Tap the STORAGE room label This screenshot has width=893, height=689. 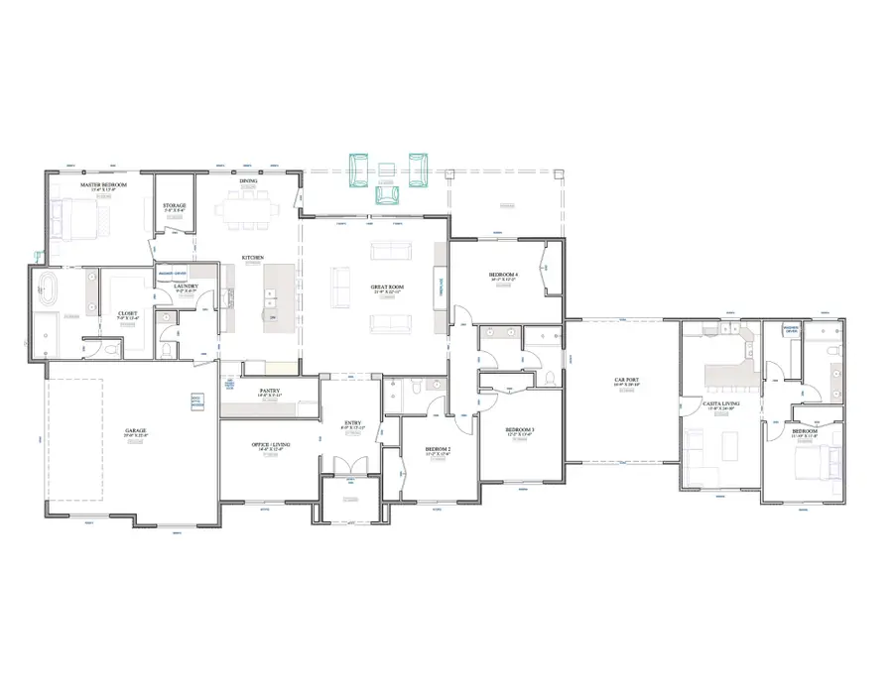coord(175,205)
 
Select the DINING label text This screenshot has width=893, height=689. coord(248,181)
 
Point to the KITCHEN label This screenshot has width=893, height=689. coord(253,259)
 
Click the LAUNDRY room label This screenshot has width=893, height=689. coord(187,287)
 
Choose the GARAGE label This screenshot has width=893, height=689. coord(135,430)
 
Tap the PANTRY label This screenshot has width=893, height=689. coord(269,391)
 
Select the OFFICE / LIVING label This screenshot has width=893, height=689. coord(270,445)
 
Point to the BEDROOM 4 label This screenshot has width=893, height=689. coord(504,274)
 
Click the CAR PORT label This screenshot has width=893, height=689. coord(624,380)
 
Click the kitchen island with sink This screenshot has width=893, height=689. coord(271,297)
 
